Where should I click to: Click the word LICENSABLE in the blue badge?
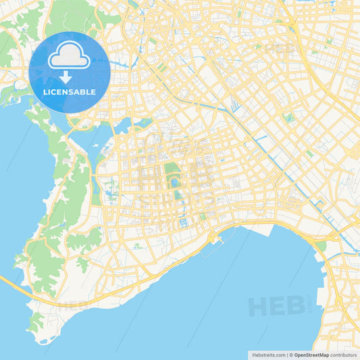tap(69, 91)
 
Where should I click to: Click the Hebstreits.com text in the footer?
tap(267, 355)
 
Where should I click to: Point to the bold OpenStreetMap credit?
tap(311, 355)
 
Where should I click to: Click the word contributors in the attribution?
tap(344, 355)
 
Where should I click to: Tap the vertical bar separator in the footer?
tap(288, 355)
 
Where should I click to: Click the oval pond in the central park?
tap(176, 182)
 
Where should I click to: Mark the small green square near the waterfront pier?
tap(203, 217)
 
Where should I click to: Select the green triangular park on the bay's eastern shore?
tap(322, 247)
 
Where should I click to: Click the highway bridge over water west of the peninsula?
tap(14, 284)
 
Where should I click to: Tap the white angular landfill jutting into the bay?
tap(260, 230)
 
